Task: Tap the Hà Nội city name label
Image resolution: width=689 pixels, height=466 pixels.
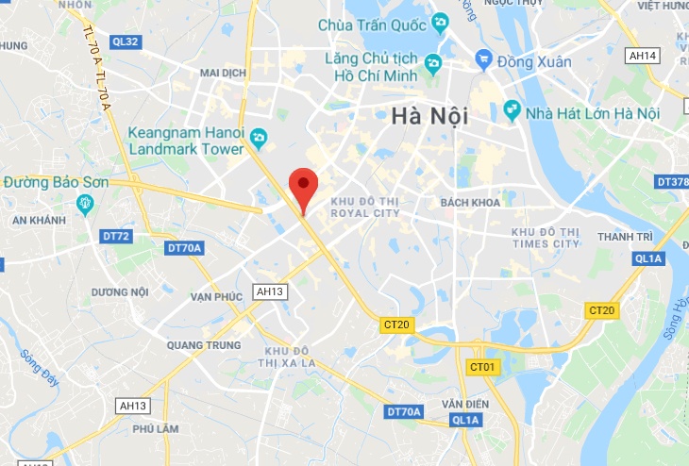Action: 429,116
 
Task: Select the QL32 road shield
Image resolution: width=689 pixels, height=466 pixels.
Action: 125,42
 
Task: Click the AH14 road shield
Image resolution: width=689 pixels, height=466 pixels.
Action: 643,56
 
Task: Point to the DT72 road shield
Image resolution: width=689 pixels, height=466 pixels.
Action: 116,236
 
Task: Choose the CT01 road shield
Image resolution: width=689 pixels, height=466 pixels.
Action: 482,366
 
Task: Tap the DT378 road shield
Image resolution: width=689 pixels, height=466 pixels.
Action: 673,181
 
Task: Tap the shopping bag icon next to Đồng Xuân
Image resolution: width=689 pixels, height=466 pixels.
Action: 484,60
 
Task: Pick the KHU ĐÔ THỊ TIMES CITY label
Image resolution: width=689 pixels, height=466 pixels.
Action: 545,237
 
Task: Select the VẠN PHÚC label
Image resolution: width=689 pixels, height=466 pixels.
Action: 216,296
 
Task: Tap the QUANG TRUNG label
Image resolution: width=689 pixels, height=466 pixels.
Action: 199,344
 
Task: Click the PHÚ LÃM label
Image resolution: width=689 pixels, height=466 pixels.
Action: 156,427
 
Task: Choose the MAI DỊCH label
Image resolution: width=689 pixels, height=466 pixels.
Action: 223,72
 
